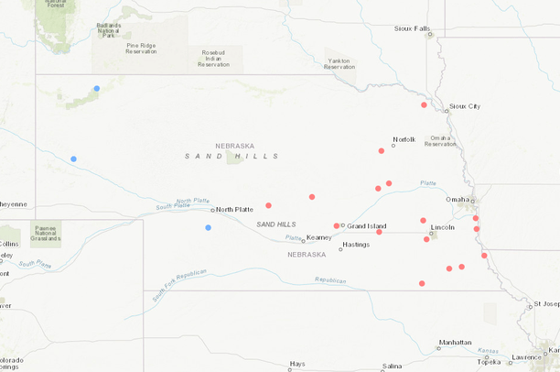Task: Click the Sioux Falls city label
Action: pos(412,28)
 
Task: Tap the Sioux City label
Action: pos(464,106)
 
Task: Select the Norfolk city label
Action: pos(404,139)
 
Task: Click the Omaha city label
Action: pos(458,199)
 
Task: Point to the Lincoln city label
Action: pos(442,226)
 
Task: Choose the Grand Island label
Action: pos(366,225)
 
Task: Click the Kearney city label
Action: pos(318,236)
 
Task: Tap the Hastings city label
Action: pos(355,245)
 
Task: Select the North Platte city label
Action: pos(234,209)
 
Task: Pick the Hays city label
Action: pos(297,364)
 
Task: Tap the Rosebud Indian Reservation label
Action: pos(213,57)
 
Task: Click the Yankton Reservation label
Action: pos(339,64)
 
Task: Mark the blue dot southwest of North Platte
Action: pos(209,227)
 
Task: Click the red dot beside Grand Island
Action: pos(337,225)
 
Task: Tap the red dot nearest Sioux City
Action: pos(424,104)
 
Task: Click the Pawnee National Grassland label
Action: pos(45,234)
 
